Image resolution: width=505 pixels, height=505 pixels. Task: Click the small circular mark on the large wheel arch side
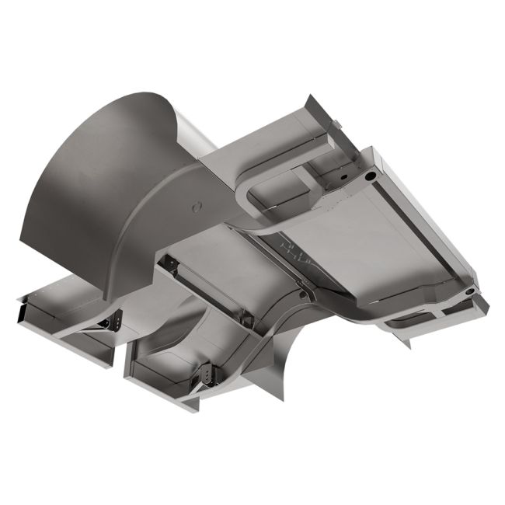coord(197,207)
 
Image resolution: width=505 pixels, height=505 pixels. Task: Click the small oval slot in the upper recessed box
coord(340,176)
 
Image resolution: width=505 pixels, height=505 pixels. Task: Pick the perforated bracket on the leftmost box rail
coord(110,319)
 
